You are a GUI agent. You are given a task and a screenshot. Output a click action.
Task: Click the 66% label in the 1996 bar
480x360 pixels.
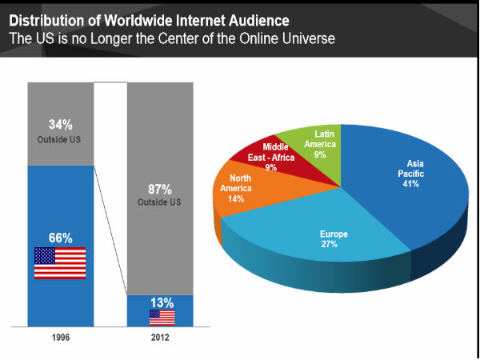60,238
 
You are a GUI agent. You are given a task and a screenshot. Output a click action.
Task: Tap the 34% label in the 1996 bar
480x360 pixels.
60,124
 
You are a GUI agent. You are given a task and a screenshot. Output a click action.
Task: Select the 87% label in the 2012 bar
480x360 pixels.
159,190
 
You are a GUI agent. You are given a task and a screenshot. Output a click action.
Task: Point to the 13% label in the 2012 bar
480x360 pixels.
162,302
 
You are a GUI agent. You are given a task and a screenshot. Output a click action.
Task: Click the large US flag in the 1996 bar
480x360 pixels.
60,263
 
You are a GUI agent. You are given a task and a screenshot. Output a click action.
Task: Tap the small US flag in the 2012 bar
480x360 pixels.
162,318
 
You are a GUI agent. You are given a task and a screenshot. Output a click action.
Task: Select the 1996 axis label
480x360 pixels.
60,338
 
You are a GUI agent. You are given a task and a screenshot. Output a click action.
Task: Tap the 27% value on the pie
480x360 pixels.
329,244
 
